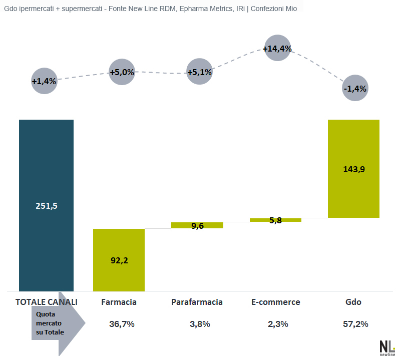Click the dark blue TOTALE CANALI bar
point(46,205)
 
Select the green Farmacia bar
point(119,260)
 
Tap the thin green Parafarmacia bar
point(197,225)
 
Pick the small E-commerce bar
point(275,220)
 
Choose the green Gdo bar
point(353,169)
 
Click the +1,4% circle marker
point(44,80)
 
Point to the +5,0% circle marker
point(122,72)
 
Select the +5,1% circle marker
point(199,72)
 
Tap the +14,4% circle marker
point(277,49)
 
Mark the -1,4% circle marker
point(355,89)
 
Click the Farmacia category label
point(119,302)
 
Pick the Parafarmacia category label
point(197,302)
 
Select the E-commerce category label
point(275,302)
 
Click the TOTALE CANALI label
point(47,302)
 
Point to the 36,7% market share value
point(122,324)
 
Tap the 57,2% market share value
point(355,324)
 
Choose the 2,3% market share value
point(278,324)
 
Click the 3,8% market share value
point(200,324)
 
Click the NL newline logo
point(387,347)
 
